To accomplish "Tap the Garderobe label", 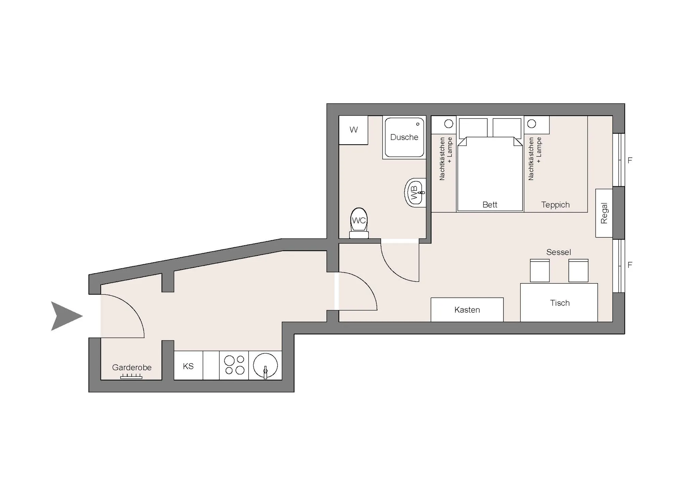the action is (x=132, y=367).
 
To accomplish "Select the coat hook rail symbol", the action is (x=131, y=376).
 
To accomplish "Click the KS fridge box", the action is (x=188, y=365).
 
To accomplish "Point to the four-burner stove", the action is (x=234, y=365).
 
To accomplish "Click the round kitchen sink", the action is (x=265, y=365).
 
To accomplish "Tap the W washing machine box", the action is (x=353, y=130).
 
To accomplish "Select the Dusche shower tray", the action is (x=404, y=137).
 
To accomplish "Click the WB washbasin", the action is (x=415, y=192).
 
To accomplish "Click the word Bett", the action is (x=490, y=205).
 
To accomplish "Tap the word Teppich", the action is (x=555, y=205).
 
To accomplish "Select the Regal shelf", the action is (x=604, y=213).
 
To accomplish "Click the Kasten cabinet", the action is (x=467, y=309).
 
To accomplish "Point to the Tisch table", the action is (x=559, y=302).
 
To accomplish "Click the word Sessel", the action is (x=558, y=252).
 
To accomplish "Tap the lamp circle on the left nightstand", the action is (x=449, y=124).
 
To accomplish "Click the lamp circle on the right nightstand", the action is (x=532, y=124).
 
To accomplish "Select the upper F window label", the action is (x=630, y=160).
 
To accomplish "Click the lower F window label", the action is (x=630, y=265).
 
